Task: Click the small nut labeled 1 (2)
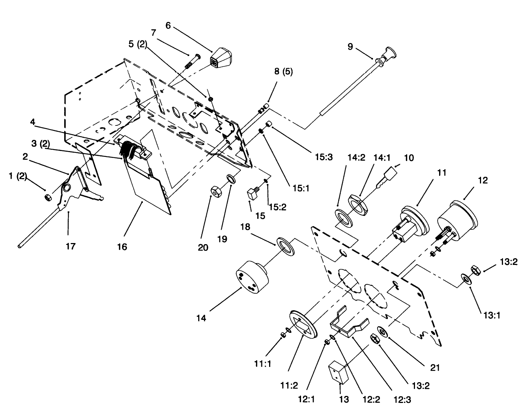pos(48,196)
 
